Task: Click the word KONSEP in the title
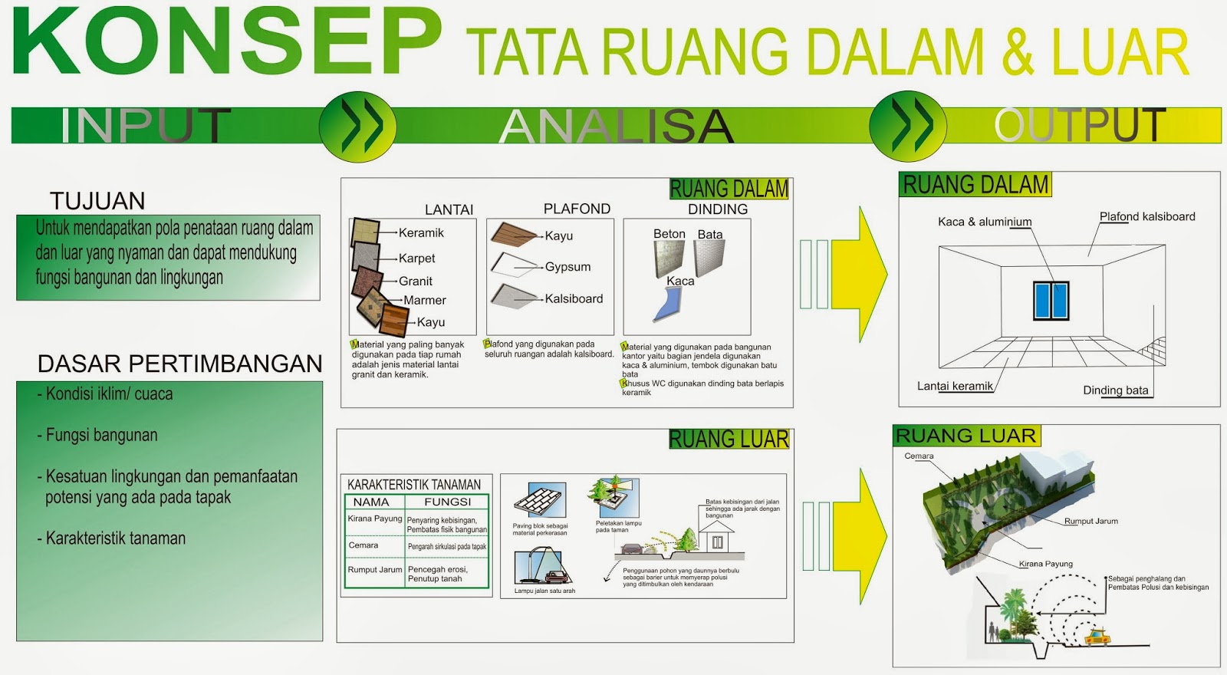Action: [x=226, y=42]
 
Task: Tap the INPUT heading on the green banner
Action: [x=146, y=126]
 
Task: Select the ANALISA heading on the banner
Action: [x=617, y=126]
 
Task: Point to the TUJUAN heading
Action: [x=97, y=201]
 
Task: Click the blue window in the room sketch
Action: [x=1051, y=300]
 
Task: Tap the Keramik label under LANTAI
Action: [x=421, y=232]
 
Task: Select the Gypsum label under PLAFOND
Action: [x=567, y=267]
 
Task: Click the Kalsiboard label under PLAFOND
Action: [x=574, y=298]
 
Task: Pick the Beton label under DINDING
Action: [x=669, y=234]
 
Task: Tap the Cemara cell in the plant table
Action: [x=363, y=545]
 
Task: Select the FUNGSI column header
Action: [x=447, y=502]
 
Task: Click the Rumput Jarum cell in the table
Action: [x=375, y=570]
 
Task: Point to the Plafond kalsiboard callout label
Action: [x=1147, y=216]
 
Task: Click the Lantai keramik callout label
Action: [x=955, y=386]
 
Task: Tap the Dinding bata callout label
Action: [x=1115, y=390]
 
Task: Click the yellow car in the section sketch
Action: [x=1097, y=636]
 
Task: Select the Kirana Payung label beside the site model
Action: [x=1045, y=564]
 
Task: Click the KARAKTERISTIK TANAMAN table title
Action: [x=414, y=485]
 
